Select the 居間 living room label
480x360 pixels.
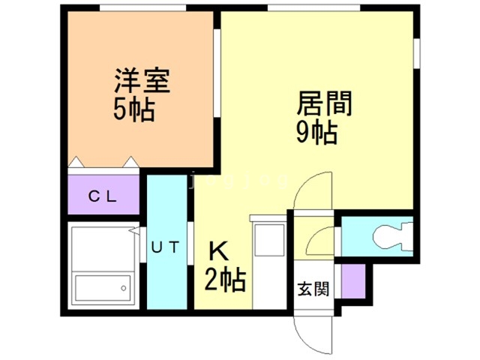point(325,103)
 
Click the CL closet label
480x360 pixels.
point(103,197)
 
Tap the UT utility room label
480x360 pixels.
point(165,247)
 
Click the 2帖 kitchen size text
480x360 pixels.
point(224,282)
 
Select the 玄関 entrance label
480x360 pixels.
point(313,287)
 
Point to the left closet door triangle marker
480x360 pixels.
point(76,161)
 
